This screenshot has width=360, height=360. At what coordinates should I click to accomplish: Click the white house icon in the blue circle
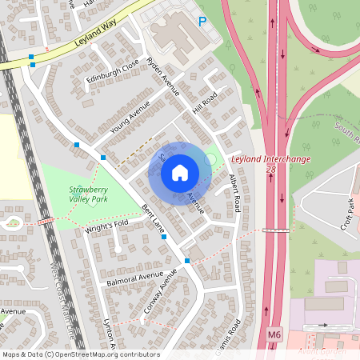(x=180, y=172)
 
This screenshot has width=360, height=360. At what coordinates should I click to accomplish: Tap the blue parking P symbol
(x=202, y=22)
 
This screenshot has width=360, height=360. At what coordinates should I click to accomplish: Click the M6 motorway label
(x=274, y=333)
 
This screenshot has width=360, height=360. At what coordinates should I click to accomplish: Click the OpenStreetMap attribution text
(x=81, y=354)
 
